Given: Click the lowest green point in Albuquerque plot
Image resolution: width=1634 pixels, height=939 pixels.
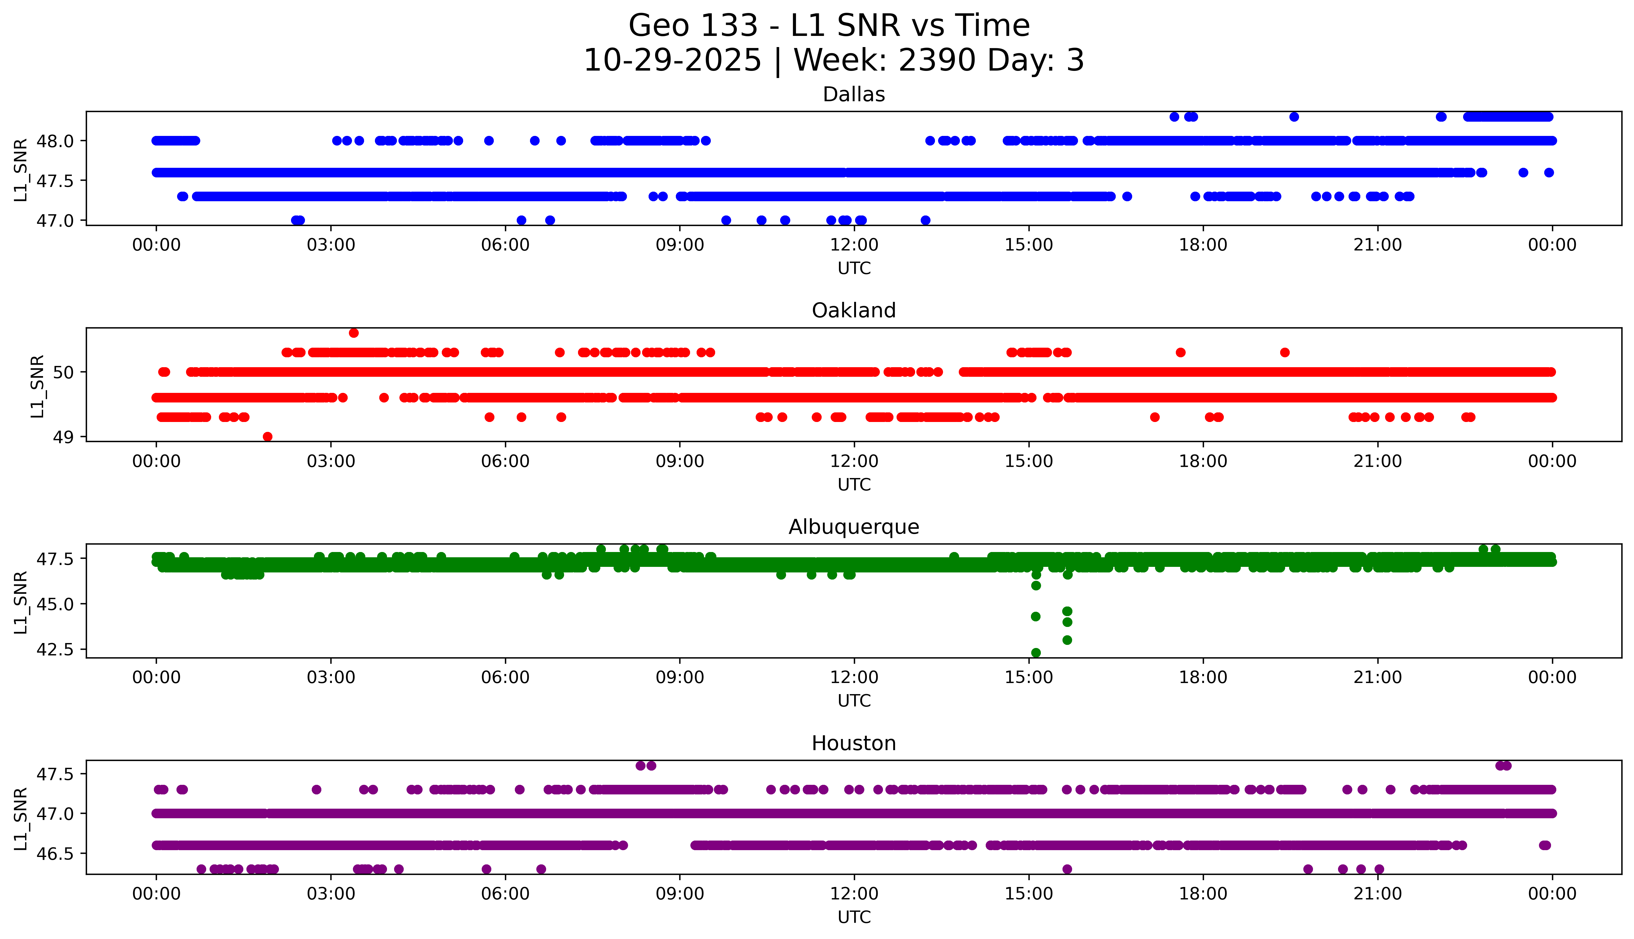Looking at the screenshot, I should [x=1036, y=653].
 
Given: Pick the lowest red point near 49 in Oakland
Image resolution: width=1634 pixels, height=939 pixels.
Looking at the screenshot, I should [x=267, y=437].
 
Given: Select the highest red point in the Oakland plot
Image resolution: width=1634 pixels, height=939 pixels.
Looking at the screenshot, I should [x=353, y=333].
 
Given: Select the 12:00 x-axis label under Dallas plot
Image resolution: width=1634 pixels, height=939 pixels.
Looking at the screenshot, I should [x=854, y=245].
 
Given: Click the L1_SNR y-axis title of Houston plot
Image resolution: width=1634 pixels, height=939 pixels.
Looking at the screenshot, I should [x=21, y=818].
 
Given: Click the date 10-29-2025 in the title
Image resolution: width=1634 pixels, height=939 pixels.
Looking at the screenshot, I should [x=672, y=61].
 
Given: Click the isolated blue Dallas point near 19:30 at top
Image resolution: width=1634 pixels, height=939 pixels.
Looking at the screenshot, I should [x=1293, y=117].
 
